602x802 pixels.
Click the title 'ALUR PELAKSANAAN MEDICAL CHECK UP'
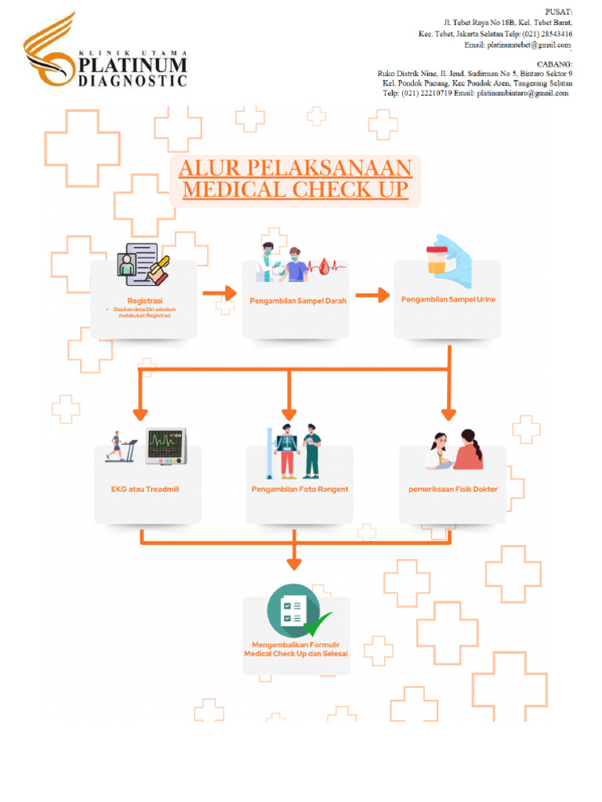point(296,179)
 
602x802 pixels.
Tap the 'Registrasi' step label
point(144,301)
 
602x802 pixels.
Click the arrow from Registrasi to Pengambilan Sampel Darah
point(219,294)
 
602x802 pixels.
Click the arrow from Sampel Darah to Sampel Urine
point(372,295)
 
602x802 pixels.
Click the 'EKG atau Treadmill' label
point(145,490)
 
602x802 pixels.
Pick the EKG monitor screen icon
point(166,446)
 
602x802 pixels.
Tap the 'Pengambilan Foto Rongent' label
point(299,490)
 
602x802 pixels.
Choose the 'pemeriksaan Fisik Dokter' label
point(453,490)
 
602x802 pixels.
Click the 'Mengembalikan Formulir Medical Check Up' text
point(296,648)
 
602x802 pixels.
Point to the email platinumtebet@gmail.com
point(529,45)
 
